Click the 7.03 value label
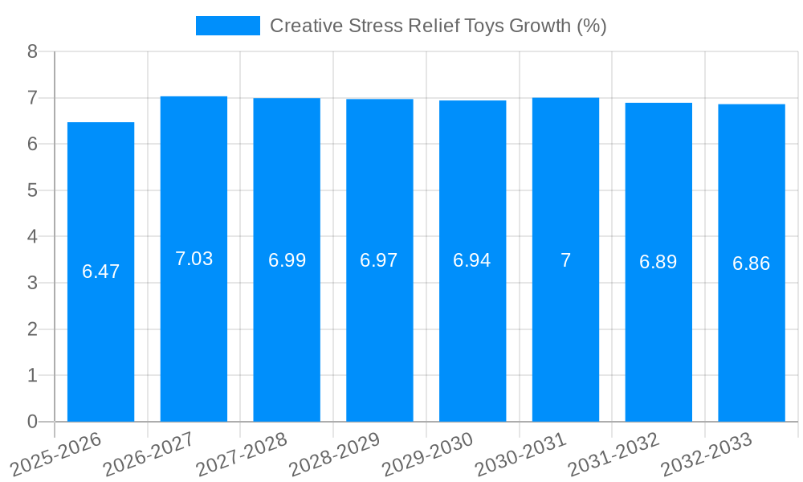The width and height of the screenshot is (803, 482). coord(194,259)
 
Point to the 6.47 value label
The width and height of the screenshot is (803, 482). coord(100,272)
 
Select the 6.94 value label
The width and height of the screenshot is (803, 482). coord(472,260)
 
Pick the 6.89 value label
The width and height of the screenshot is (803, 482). coord(658,262)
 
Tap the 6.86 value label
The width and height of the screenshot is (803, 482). coord(752,263)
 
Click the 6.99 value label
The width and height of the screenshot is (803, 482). coord(287,260)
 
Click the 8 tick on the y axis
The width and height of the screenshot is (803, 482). coord(32,51)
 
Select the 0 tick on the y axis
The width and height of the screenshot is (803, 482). coord(32,422)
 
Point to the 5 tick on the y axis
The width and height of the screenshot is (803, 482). coord(32,190)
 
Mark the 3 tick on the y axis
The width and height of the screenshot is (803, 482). coord(32,283)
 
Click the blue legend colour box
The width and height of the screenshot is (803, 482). coord(228,26)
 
